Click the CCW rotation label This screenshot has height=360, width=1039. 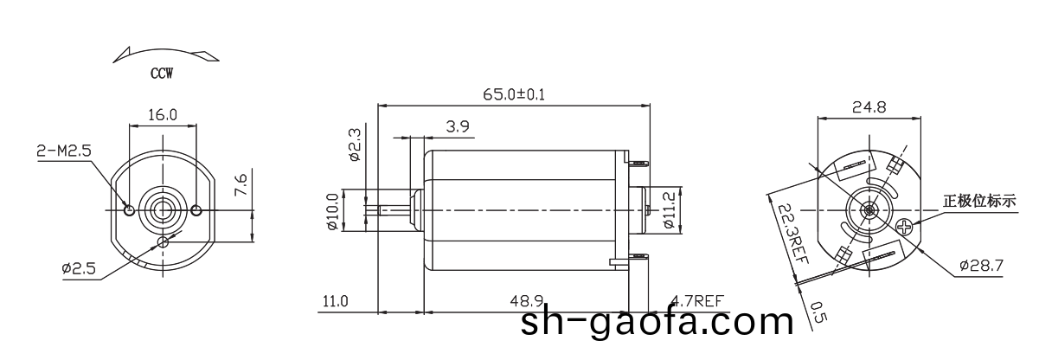(162, 74)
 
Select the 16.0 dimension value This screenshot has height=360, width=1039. (162, 114)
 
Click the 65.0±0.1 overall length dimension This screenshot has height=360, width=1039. (514, 93)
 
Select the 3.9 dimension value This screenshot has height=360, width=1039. (458, 126)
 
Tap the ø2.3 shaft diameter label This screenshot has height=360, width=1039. (354, 146)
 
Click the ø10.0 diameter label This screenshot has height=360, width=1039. (331, 211)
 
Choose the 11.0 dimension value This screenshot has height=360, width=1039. (335, 301)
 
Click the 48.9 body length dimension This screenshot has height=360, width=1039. (526, 301)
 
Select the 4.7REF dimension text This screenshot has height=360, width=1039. (696, 301)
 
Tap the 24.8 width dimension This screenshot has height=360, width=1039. (869, 108)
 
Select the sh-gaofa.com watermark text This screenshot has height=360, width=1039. (657, 323)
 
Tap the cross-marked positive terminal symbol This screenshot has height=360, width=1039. (905, 228)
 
